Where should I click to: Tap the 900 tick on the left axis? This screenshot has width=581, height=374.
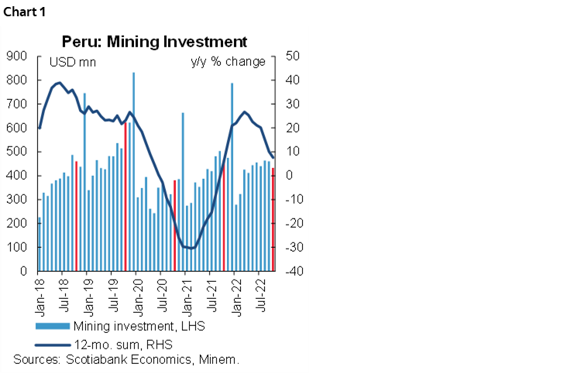pyautogui.click(x=17, y=56)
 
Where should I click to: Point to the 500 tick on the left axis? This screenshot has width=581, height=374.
pyautogui.click(x=17, y=152)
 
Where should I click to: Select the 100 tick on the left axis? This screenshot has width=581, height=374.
pyautogui.click(x=17, y=248)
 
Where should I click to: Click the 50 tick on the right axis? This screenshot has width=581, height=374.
pyautogui.click(x=293, y=56)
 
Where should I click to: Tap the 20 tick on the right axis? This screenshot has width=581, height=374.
pyautogui.click(x=293, y=128)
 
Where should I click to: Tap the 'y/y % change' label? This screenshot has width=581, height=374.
pyautogui.click(x=228, y=62)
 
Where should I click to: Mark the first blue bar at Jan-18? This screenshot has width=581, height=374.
pyautogui.click(x=40, y=244)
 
